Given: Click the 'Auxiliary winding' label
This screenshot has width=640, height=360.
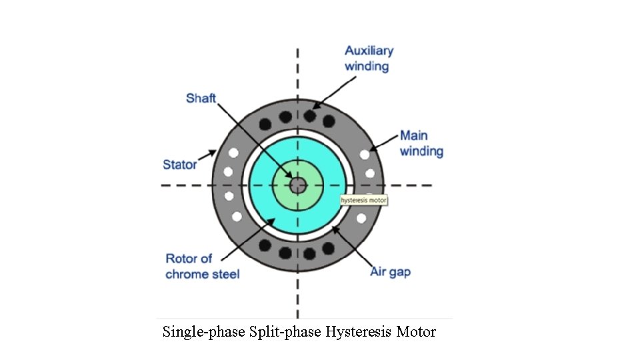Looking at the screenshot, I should pyautogui.click(x=369, y=58).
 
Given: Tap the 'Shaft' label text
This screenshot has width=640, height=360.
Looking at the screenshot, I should pyautogui.click(x=201, y=98).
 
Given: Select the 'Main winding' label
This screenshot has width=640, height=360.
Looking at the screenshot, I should pyautogui.click(x=421, y=143).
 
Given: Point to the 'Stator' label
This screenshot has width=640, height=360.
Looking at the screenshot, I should pyautogui.click(x=179, y=164).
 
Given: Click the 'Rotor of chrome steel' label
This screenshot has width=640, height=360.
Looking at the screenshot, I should pyautogui.click(x=202, y=266).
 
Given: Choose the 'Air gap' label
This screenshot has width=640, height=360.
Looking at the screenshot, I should pyautogui.click(x=390, y=272).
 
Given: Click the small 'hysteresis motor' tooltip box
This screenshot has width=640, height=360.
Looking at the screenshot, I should pyautogui.click(x=363, y=200).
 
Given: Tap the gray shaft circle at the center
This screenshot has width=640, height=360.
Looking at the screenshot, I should pyautogui.click(x=297, y=184).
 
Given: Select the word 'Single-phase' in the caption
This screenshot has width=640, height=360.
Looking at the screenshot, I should pyautogui.click(x=203, y=332).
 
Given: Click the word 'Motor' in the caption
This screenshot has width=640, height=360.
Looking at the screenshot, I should pyautogui.click(x=416, y=332).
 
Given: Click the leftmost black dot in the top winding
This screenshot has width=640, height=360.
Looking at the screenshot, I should pyautogui.click(x=265, y=123).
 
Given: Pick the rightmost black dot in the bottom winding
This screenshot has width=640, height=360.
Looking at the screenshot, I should pyautogui.click(x=329, y=248).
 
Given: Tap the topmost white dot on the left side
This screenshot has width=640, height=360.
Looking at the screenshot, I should pyautogui.click(x=233, y=153).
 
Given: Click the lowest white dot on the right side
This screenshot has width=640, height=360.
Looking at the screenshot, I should pyautogui.click(x=362, y=218).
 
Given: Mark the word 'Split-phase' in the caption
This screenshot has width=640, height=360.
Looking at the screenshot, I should pyautogui.click(x=285, y=332).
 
